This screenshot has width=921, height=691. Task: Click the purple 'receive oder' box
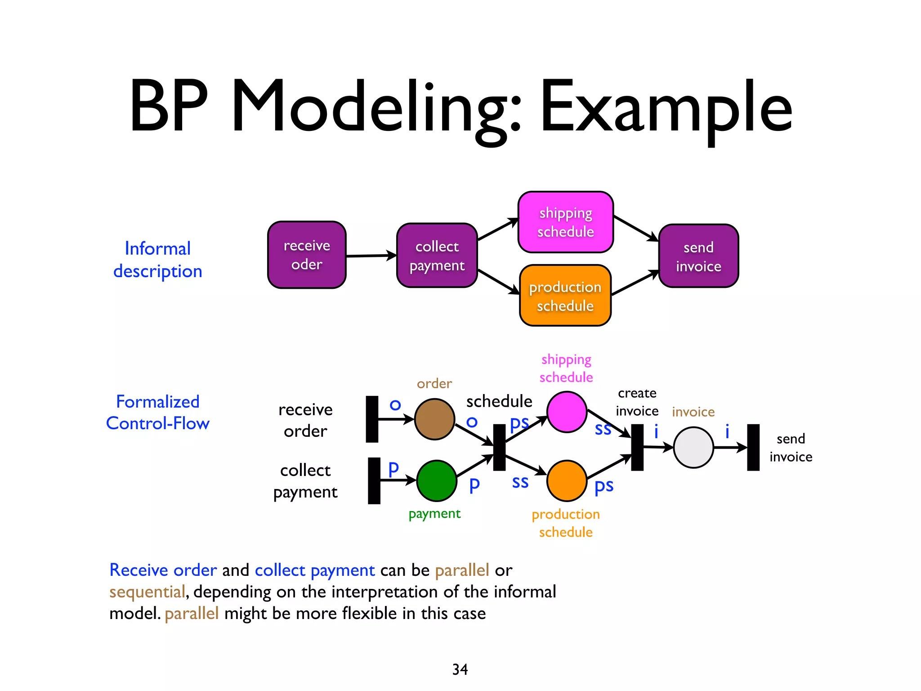click(307, 255)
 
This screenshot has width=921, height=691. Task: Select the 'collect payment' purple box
click(437, 256)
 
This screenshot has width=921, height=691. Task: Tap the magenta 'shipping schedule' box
click(565, 222)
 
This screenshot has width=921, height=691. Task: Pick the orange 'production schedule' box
click(565, 296)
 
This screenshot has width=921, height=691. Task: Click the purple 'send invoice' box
click(698, 256)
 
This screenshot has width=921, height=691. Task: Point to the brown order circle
click(434, 419)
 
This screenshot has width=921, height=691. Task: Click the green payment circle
click(436, 480)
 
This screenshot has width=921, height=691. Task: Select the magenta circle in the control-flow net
click(567, 412)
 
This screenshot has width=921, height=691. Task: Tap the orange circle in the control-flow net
click(567, 480)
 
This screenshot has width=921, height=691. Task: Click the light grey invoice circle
click(693, 447)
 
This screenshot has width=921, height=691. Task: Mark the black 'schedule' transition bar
click(499, 447)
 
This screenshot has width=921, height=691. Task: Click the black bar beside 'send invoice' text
click(753, 447)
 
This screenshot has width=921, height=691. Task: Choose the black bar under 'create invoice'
click(637, 447)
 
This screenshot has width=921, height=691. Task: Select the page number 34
click(460, 669)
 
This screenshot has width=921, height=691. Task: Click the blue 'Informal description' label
click(157, 260)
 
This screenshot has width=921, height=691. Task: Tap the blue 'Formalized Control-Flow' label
click(157, 412)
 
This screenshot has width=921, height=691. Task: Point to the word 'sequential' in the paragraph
click(147, 592)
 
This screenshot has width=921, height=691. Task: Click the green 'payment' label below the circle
click(434, 513)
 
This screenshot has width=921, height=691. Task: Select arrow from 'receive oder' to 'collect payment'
click(371, 256)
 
